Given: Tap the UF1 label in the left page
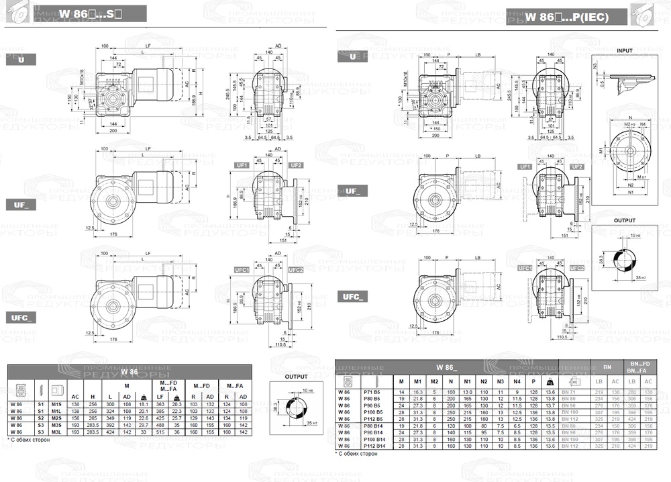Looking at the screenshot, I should [x=242, y=165].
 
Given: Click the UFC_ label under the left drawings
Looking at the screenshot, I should [x=19, y=317].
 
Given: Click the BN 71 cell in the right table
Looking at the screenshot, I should [x=569, y=391].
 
